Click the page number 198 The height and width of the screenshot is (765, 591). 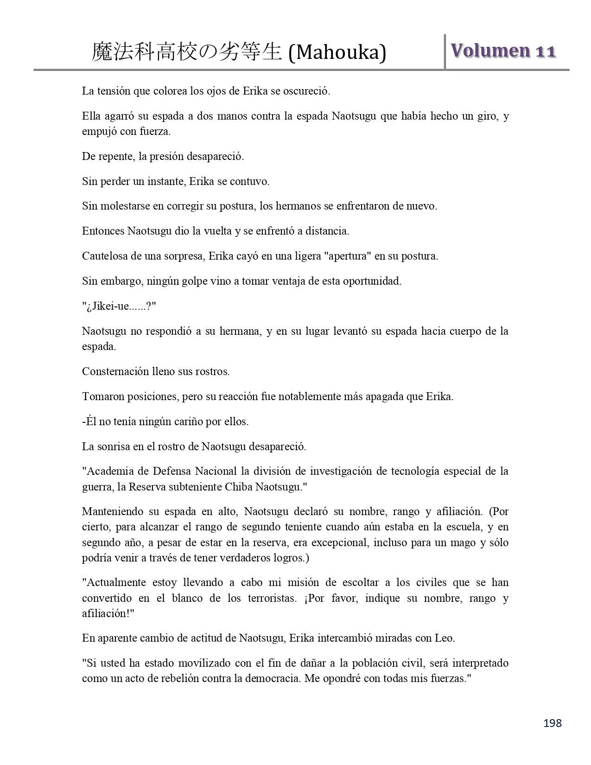pyautogui.click(x=553, y=723)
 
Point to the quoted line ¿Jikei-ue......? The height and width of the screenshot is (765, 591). pyautogui.click(x=119, y=306)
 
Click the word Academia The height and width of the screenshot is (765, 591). pyautogui.click(x=108, y=472)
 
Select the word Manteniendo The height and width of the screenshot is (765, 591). pyautogui.click(x=112, y=511)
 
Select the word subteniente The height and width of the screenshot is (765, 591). pyautogui.click(x=194, y=487)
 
